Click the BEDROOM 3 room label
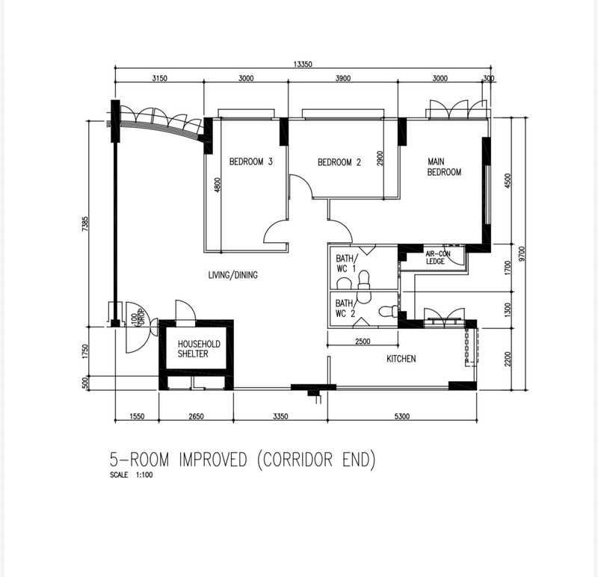point(251,161)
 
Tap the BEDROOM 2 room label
point(339,162)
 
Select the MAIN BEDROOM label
point(444,167)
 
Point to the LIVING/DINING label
point(232,275)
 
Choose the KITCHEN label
point(401,359)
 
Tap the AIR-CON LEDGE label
point(438,258)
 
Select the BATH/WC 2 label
point(346,309)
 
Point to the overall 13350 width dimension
point(303,64)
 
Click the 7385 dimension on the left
point(84,224)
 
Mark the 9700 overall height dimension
point(522,253)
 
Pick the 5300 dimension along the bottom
point(402,416)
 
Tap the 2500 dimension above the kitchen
point(363,342)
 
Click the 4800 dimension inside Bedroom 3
point(218,185)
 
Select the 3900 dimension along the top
point(343,78)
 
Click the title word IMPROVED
point(213,460)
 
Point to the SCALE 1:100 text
point(132,475)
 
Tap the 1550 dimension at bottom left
point(137,416)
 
